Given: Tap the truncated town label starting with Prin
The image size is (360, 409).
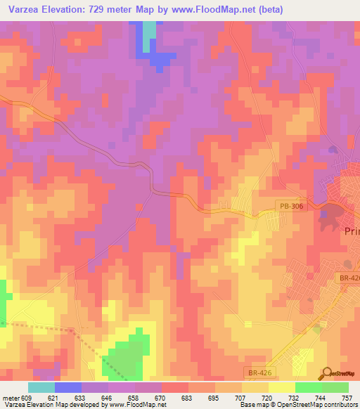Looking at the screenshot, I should click(351, 232).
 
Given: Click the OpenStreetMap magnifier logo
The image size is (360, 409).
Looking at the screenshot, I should click(327, 373).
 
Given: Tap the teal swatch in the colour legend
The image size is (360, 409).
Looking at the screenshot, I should click(41, 387).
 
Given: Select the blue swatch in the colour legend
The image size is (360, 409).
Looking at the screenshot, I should click(67, 387).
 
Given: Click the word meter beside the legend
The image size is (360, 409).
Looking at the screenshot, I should click(10, 397).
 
